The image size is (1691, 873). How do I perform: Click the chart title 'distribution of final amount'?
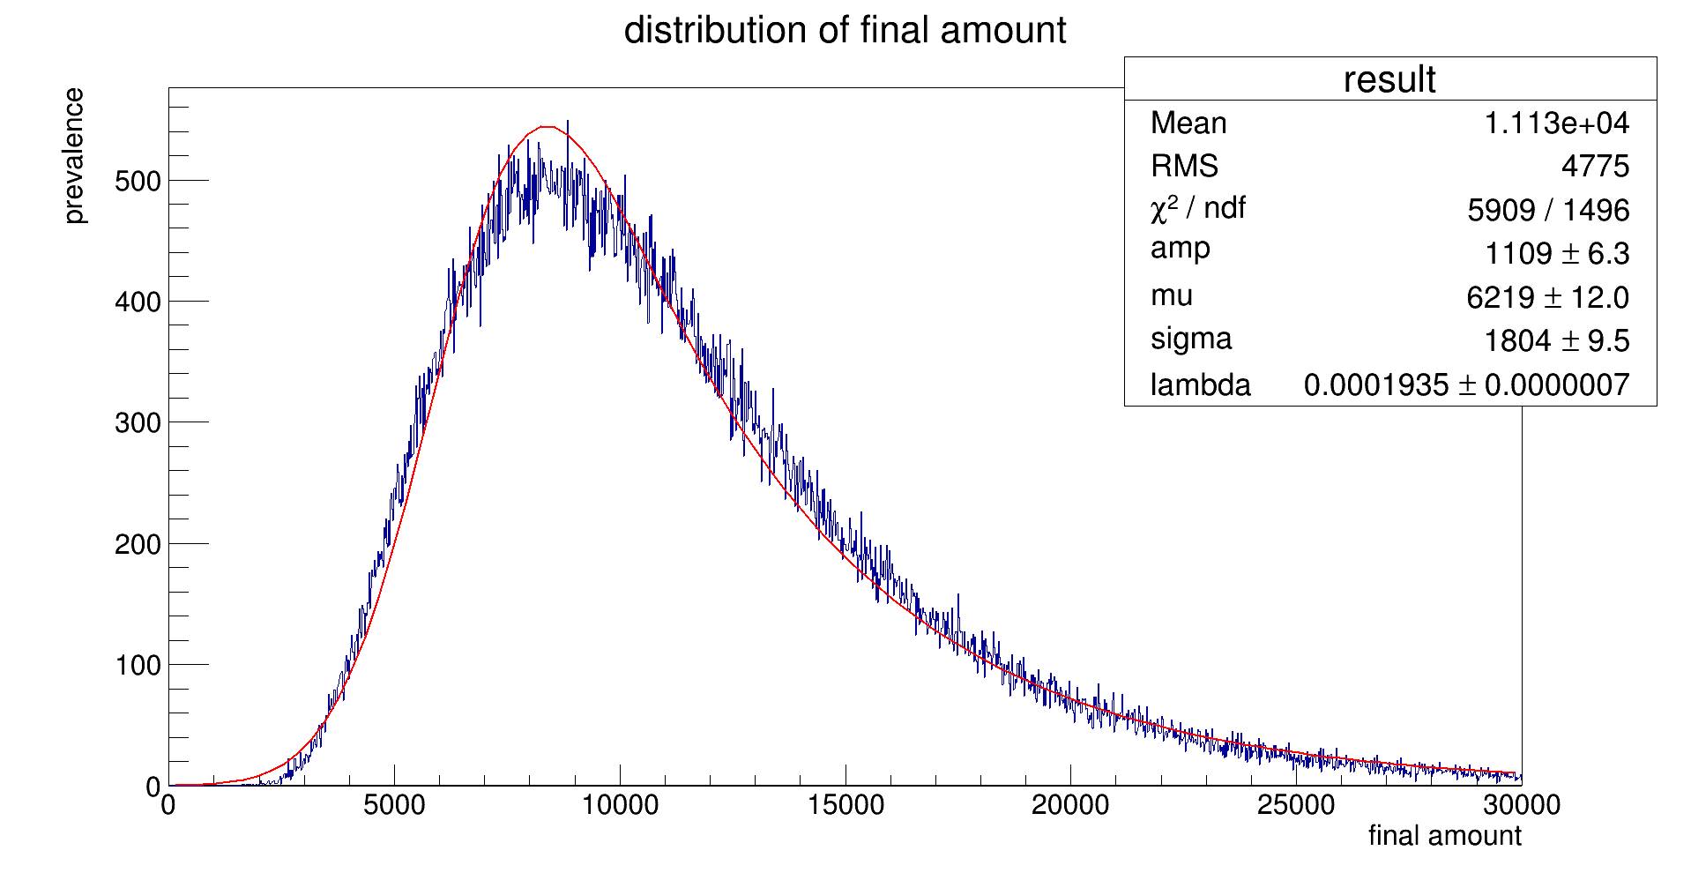tap(845, 31)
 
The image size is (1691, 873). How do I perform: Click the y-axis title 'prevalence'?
tap(74, 156)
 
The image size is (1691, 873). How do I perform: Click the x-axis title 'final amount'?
tap(1444, 835)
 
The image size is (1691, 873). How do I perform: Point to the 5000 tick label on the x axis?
tap(394, 805)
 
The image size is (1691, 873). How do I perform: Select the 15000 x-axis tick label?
tap(845, 805)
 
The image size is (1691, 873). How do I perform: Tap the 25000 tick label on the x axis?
tap(1296, 805)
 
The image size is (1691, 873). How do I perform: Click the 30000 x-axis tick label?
tap(1521, 805)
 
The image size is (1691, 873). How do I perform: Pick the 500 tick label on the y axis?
tap(138, 181)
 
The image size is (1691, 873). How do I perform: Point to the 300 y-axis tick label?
tap(138, 423)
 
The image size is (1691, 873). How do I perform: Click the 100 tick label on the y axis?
tap(138, 665)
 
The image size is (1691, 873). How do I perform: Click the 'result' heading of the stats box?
tap(1389, 79)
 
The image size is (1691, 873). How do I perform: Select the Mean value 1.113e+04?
tap(1556, 123)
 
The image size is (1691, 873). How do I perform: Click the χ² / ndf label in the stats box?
tap(1197, 209)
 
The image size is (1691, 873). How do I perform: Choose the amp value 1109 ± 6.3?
tap(1556, 254)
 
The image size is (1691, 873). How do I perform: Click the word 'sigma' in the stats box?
tap(1190, 339)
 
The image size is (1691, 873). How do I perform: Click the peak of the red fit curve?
tap(547, 127)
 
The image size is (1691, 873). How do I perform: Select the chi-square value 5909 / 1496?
tap(1547, 211)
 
